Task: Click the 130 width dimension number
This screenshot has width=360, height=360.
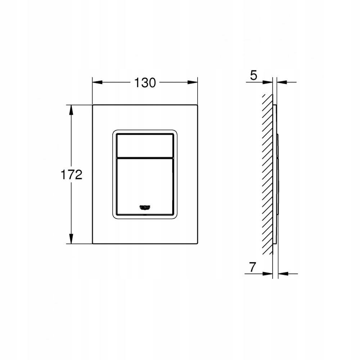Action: click(145, 83)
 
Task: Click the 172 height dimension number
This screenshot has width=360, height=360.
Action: click(71, 175)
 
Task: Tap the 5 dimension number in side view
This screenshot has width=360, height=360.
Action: click(253, 76)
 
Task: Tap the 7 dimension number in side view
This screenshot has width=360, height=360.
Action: click(252, 267)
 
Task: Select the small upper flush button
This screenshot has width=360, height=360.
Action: click(144, 144)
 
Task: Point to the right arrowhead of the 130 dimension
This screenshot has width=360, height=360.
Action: click(194, 82)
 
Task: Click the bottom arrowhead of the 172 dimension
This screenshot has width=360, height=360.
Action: click(71, 240)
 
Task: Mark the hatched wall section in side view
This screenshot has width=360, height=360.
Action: click(267, 173)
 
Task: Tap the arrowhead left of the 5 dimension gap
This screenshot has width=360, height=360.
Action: click(269, 82)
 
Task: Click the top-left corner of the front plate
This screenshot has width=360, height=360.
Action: click(93, 105)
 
